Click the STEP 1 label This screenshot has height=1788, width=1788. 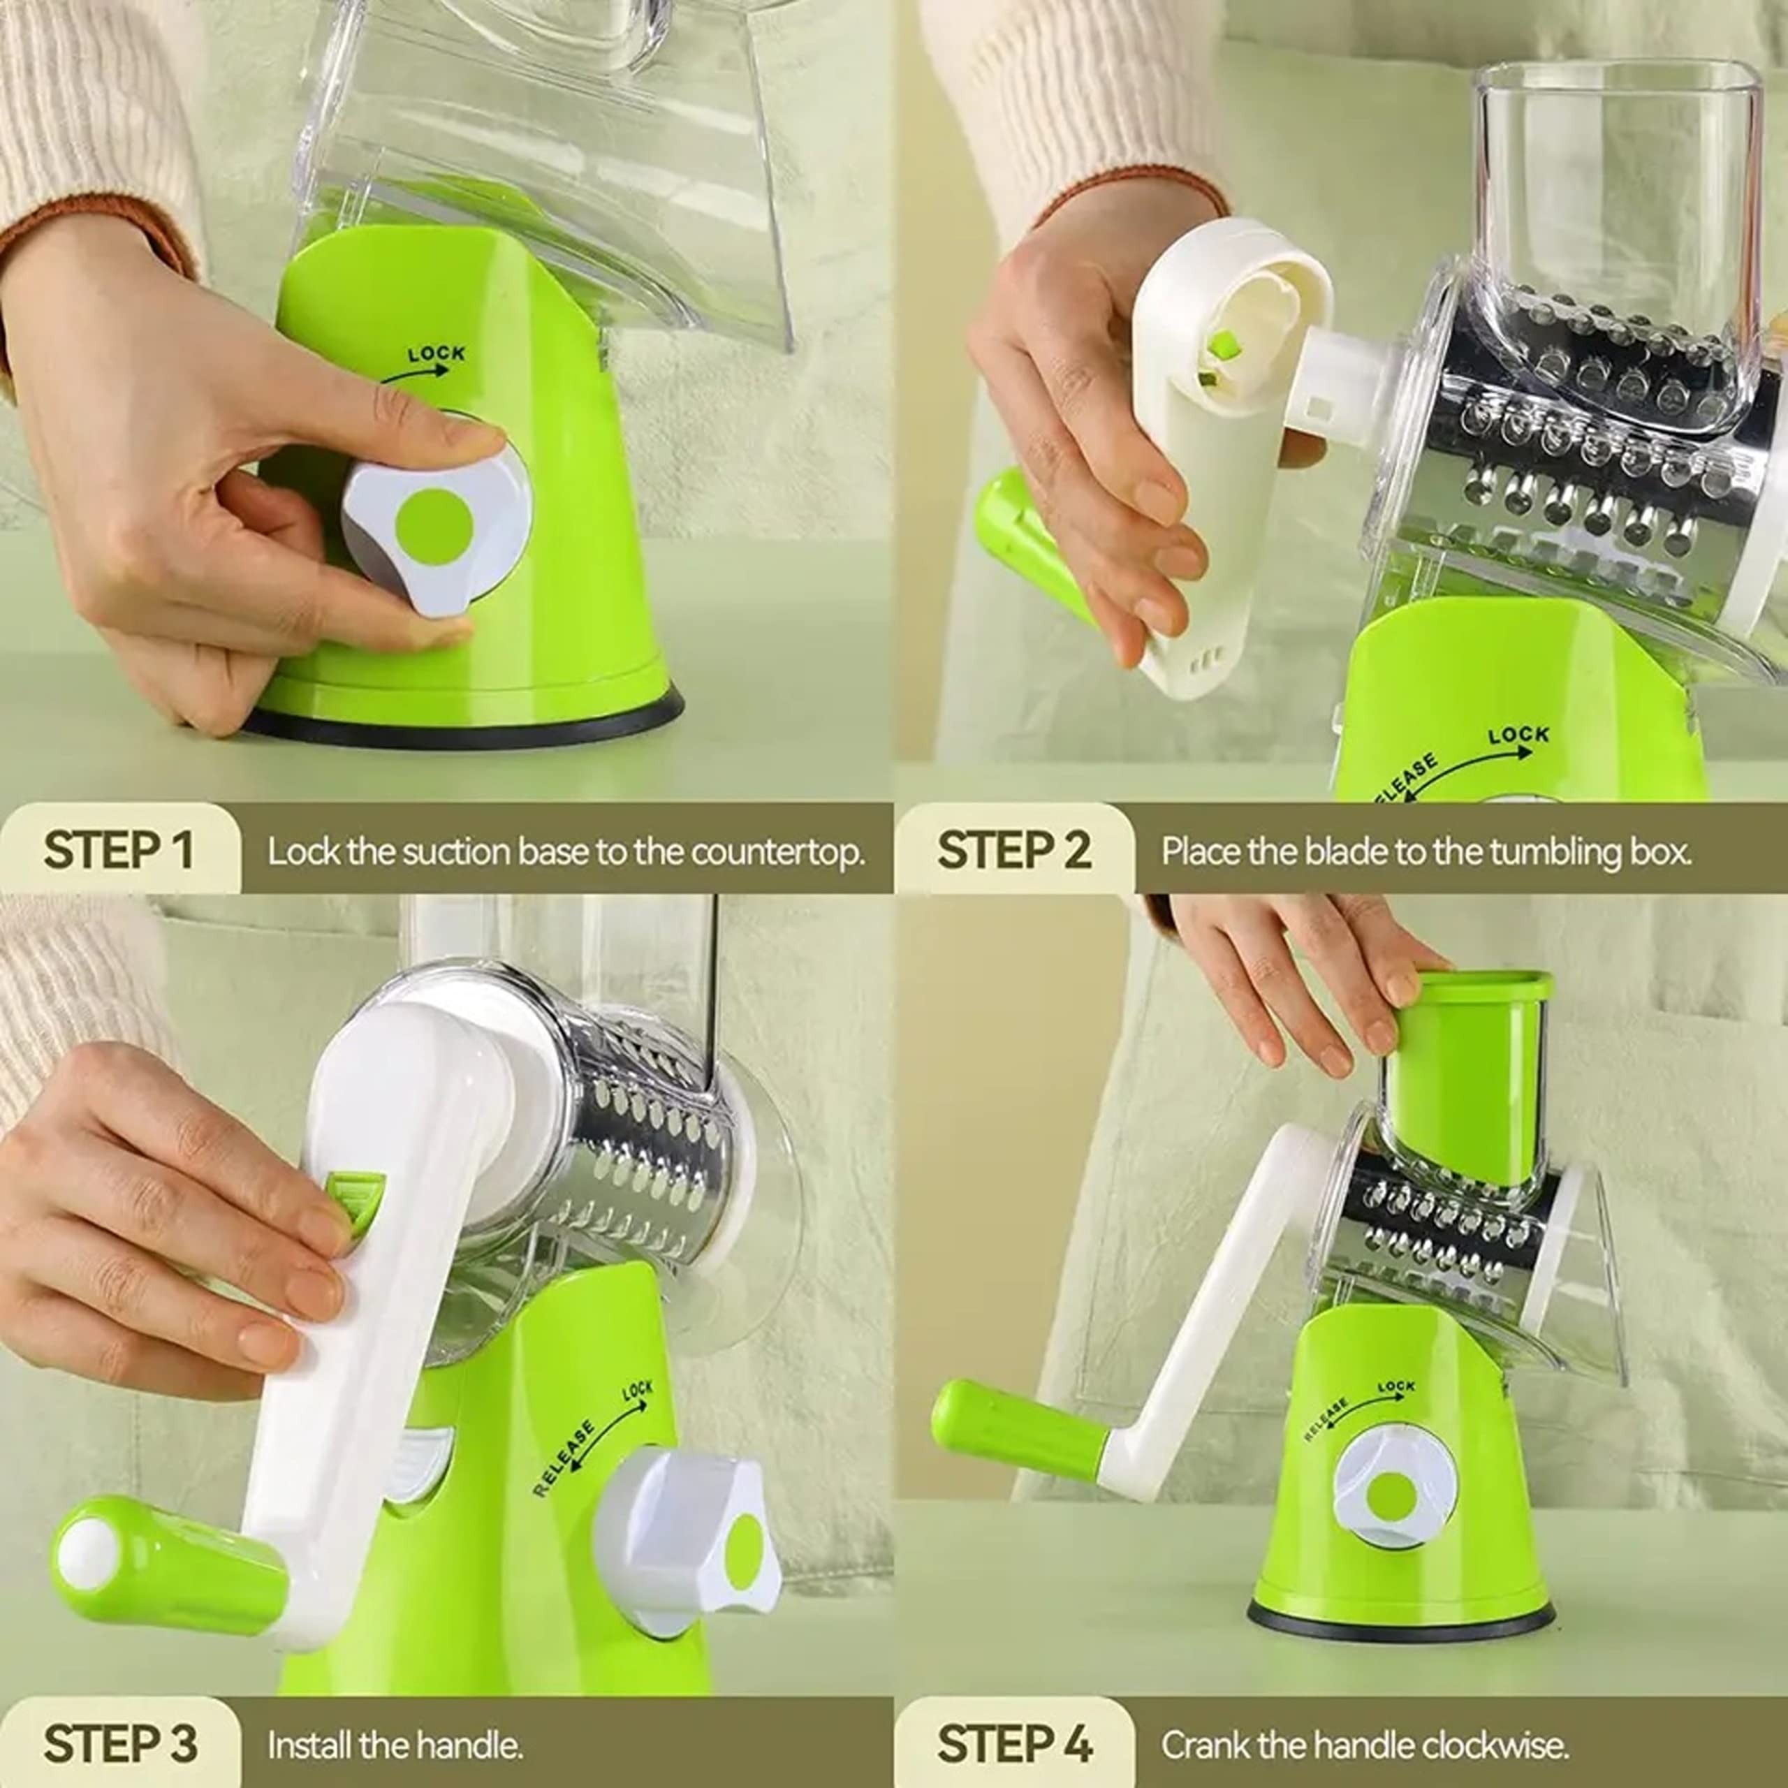pos(119,849)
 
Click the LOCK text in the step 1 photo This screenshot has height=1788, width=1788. pos(436,354)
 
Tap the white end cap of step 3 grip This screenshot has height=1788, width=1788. pos(86,1549)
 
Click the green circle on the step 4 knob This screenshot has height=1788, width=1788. pos(1394,1497)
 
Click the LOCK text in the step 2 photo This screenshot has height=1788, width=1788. pos(1518,735)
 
